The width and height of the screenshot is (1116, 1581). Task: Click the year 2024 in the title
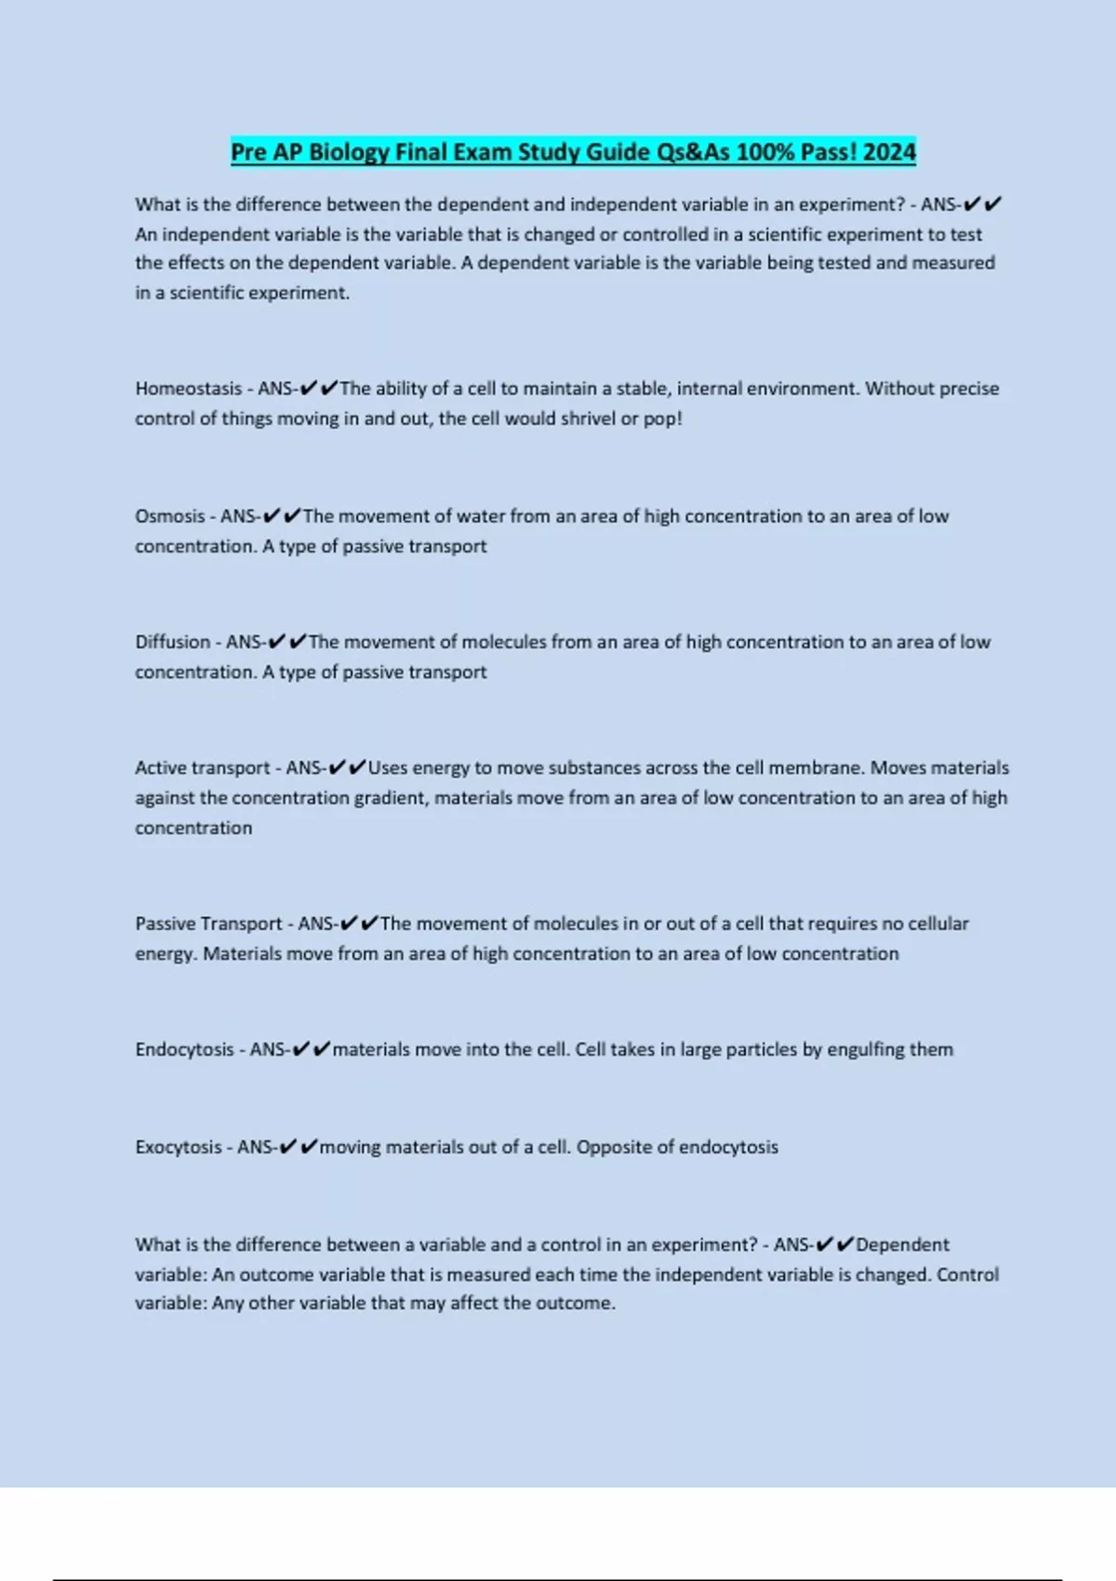(x=888, y=152)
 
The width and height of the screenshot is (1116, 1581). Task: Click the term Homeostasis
(x=188, y=389)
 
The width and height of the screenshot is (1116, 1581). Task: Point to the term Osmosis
(x=169, y=516)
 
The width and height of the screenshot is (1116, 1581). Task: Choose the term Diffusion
(x=172, y=642)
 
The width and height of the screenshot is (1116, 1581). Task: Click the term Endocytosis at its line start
(x=184, y=1050)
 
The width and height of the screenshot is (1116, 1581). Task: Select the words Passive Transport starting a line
(x=208, y=923)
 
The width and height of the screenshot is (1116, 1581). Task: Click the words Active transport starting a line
(x=202, y=768)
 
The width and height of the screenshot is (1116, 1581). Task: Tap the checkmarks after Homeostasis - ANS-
(x=319, y=389)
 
